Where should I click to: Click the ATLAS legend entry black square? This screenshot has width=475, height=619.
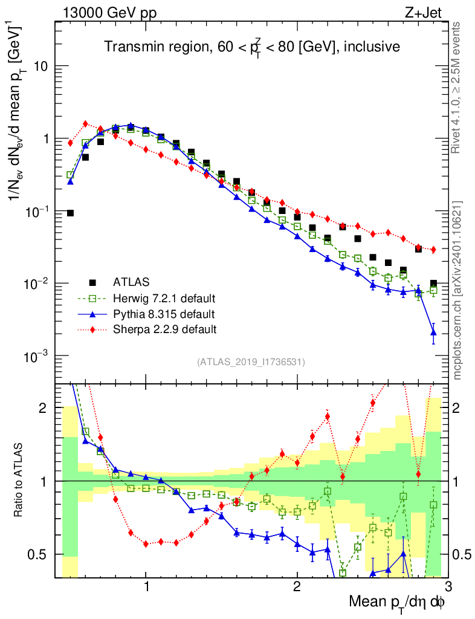[x=92, y=282]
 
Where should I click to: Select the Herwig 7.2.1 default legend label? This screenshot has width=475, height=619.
[x=165, y=299]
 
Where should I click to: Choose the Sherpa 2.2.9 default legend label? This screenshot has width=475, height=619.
[x=164, y=329]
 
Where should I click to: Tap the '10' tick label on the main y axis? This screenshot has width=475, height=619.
[x=40, y=66]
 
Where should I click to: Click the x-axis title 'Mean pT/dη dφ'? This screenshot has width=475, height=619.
[x=398, y=603]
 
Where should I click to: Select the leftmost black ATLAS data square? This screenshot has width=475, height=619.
[x=70, y=213]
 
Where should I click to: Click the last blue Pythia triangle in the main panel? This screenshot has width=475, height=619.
[x=433, y=332]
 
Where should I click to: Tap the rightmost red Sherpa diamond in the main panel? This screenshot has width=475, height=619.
[x=433, y=250]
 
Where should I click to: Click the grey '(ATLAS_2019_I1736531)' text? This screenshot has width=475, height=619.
[x=251, y=362]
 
